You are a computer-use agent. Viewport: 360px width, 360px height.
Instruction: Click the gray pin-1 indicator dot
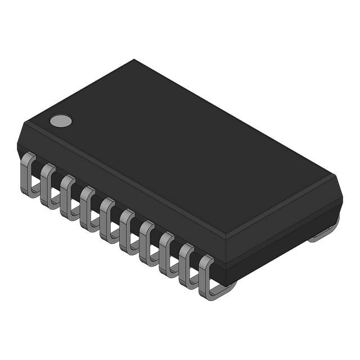61,120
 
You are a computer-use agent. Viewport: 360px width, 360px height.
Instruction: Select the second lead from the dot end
47,184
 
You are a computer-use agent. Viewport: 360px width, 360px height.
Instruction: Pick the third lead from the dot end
67,195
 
